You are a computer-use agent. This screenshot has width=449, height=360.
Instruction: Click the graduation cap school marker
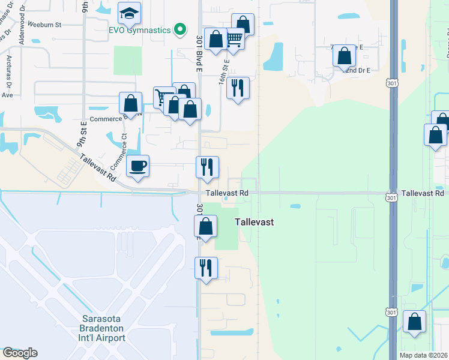tap(129, 13)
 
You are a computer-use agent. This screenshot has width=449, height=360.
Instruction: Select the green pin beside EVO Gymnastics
tap(179, 28)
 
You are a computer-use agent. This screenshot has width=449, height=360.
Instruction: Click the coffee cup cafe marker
tap(138, 166)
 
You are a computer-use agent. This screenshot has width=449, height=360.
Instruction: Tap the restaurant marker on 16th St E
tap(238, 88)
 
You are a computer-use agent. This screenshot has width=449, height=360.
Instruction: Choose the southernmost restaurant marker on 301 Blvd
tap(206, 268)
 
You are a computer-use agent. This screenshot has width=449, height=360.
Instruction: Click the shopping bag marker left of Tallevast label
tap(205, 227)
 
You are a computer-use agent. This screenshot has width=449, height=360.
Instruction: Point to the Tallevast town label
tap(254, 222)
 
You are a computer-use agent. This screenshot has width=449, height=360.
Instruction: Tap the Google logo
tap(20, 353)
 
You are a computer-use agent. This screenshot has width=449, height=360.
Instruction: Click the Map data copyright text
tap(423, 355)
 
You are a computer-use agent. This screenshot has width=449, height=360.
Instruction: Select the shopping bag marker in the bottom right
tap(414, 321)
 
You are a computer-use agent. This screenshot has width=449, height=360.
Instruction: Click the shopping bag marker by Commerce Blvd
tap(131, 103)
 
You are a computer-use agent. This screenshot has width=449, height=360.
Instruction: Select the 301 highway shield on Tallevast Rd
tap(391, 197)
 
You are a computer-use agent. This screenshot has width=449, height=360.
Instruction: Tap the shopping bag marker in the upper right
tap(344, 56)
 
